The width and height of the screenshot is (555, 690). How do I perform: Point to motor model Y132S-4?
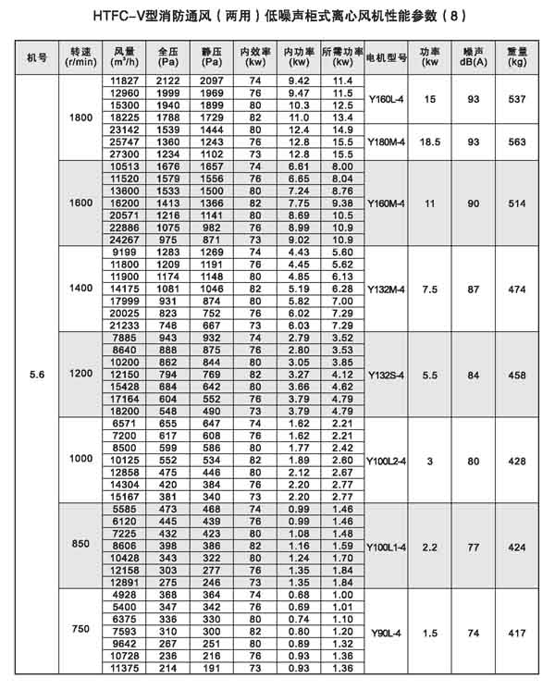click(x=387, y=375)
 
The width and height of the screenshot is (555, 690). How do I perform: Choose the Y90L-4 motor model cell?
click(x=387, y=633)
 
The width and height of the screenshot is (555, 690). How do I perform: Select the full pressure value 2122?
click(x=168, y=81)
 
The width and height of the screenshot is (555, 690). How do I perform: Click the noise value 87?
click(x=473, y=289)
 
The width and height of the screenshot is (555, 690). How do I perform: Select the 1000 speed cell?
click(x=80, y=460)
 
